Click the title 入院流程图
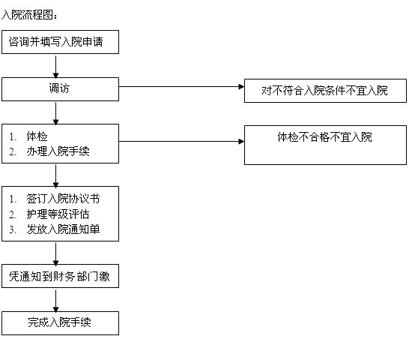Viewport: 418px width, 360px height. coord(29,15)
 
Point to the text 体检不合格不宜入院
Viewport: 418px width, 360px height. coord(324,137)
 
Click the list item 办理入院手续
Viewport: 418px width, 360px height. coord(58,151)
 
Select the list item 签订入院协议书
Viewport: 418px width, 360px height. coord(63,199)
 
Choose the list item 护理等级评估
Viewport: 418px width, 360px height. coord(58,214)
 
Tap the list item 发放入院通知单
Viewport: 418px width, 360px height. coord(63,229)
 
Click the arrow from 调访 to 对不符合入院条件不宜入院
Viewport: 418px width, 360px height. coord(181,86)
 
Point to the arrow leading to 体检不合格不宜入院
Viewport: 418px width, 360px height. coord(181,142)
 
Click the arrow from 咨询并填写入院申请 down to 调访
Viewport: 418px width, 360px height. coord(55,67)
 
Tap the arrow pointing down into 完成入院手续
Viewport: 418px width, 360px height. coord(55,301)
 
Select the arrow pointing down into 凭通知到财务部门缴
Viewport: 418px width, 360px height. coord(55,254)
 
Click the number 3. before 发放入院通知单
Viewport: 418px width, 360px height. coord(13,229)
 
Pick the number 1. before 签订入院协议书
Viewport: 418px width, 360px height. coord(13,199)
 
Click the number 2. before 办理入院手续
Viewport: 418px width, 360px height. coord(13,151)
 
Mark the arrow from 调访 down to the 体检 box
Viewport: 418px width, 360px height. coord(55,113)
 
